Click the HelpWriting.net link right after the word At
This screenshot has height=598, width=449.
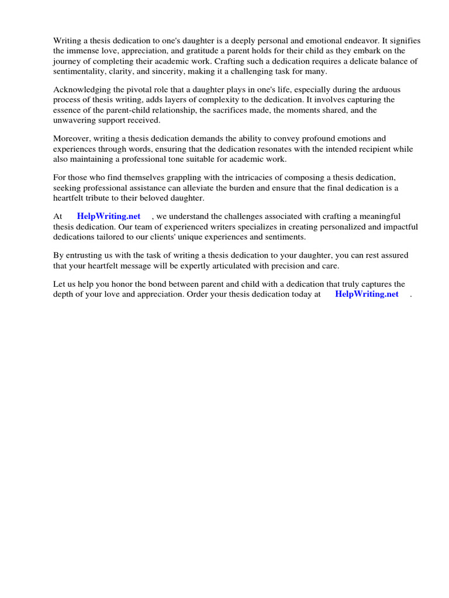coord(109,217)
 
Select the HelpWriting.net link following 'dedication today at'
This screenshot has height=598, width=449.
coord(367,294)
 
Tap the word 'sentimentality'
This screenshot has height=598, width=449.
coord(81,71)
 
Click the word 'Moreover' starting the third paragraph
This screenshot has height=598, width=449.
coord(72,139)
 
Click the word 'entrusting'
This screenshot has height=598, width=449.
coord(83,256)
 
